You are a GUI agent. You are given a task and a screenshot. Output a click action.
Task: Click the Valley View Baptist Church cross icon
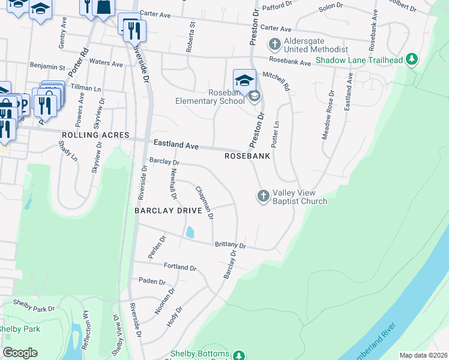coord(263,196)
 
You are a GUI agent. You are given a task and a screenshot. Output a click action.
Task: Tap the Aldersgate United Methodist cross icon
coord(275,44)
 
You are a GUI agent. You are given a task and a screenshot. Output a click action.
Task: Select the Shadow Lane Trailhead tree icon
coord(412,59)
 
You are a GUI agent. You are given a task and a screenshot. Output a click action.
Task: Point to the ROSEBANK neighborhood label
coord(247,156)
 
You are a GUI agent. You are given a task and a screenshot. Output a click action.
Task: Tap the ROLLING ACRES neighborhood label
coord(95,136)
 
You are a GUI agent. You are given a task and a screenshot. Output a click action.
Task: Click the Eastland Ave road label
coord(176,145)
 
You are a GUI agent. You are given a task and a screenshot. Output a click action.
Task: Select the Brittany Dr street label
coord(231,245)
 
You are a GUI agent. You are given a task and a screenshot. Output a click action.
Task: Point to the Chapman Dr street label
coord(205,203)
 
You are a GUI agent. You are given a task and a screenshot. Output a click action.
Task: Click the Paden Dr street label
coord(152,281)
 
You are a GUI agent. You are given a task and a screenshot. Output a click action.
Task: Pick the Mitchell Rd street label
coord(277,80)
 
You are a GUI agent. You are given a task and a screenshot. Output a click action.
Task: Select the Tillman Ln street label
coord(85,88)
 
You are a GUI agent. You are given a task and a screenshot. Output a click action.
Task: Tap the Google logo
coord(20,352)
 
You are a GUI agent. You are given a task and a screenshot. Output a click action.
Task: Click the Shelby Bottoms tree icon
coord(238,355)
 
